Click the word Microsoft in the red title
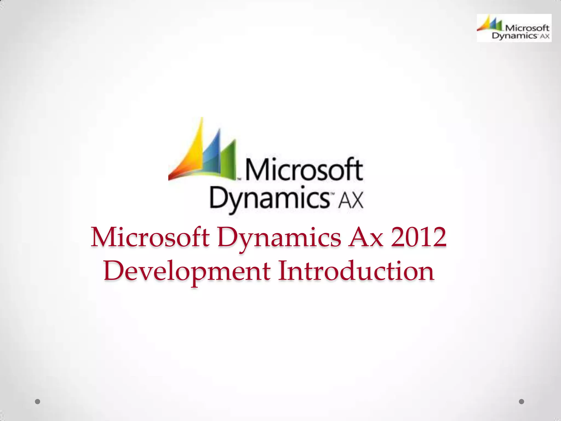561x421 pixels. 150,237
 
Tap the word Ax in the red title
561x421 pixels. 366,237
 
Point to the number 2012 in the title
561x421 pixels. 419,237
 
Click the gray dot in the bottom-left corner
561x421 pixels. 38,402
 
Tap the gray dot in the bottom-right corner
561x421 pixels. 522,402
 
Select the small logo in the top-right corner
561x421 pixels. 514,28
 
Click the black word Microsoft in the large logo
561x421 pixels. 304,170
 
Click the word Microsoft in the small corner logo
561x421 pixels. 527,28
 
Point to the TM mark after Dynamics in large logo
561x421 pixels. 333,194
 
